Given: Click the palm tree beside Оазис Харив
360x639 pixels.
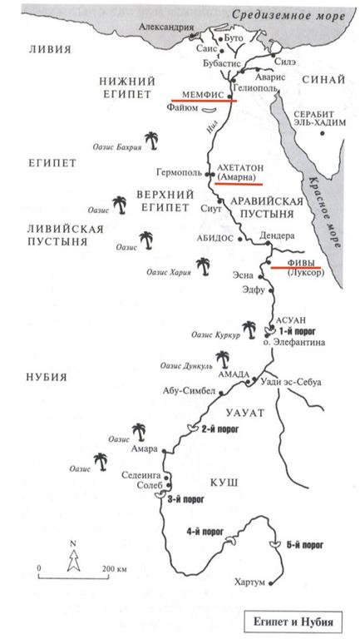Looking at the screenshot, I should pyautogui.click(x=201, y=265).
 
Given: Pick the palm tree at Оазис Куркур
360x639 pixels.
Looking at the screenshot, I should pyautogui.click(x=247, y=328).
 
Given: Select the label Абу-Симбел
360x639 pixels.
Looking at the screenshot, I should pyautogui.click(x=192, y=389).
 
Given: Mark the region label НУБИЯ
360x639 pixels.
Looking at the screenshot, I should pyautogui.click(x=46, y=376).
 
